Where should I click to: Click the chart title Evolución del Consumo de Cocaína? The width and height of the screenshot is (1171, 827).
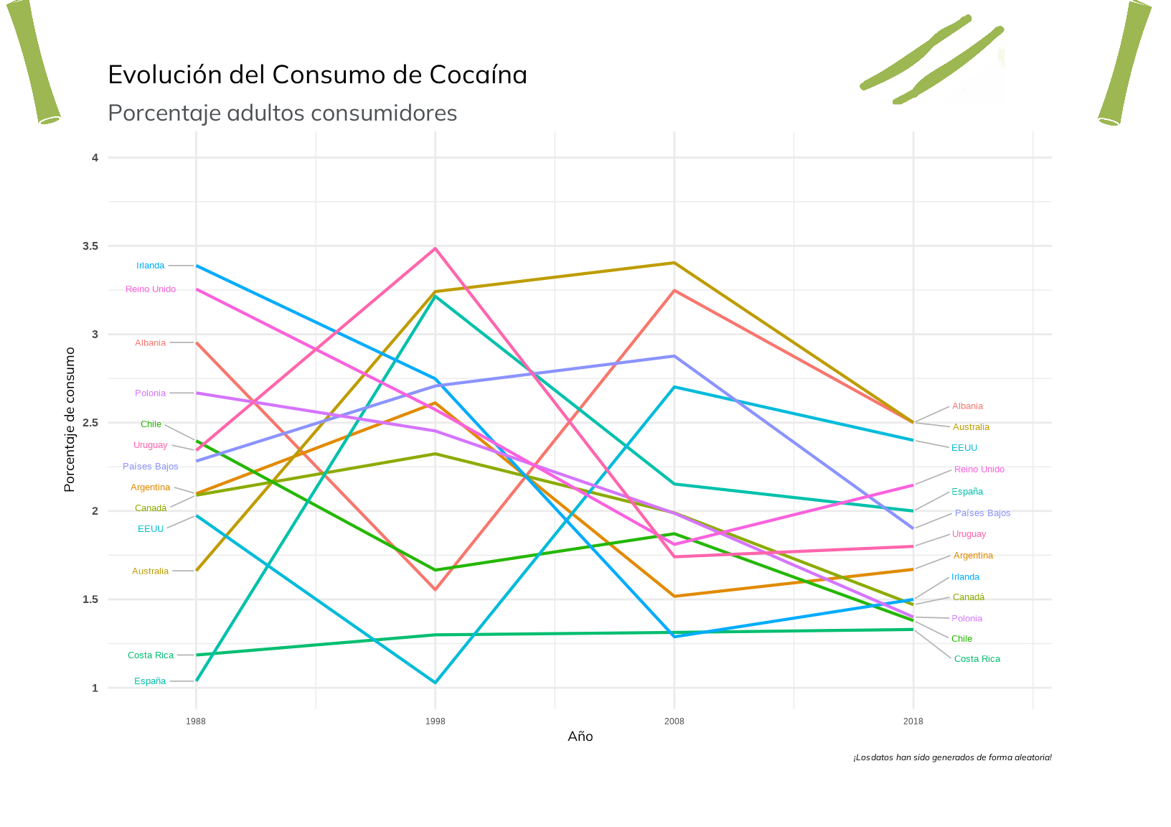click(317, 75)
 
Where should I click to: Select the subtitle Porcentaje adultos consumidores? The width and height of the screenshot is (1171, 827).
click(282, 113)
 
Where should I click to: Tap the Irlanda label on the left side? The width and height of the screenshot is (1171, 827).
click(151, 266)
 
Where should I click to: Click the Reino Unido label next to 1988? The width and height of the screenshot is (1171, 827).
click(151, 289)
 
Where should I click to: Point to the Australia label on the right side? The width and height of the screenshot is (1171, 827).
click(971, 427)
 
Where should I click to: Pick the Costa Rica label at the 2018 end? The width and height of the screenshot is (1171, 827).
click(977, 659)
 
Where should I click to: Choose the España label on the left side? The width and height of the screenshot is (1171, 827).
click(150, 681)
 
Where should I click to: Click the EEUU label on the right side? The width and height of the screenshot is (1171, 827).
click(964, 448)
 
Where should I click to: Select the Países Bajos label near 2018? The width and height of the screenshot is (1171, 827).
click(982, 513)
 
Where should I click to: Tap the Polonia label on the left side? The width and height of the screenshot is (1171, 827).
click(151, 393)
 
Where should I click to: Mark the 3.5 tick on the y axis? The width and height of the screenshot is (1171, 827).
click(90, 246)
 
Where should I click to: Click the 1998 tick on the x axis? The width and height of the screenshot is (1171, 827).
click(435, 721)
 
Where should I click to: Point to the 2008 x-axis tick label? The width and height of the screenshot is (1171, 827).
click(674, 721)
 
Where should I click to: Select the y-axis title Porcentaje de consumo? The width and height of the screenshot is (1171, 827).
click(70, 419)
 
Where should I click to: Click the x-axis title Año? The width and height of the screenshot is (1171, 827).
click(580, 737)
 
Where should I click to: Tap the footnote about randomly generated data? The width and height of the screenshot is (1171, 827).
click(952, 757)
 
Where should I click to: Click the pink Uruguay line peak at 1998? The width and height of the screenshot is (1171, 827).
click(435, 248)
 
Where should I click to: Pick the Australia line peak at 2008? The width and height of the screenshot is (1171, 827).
click(674, 263)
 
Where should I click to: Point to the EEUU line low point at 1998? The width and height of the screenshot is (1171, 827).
click(435, 682)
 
